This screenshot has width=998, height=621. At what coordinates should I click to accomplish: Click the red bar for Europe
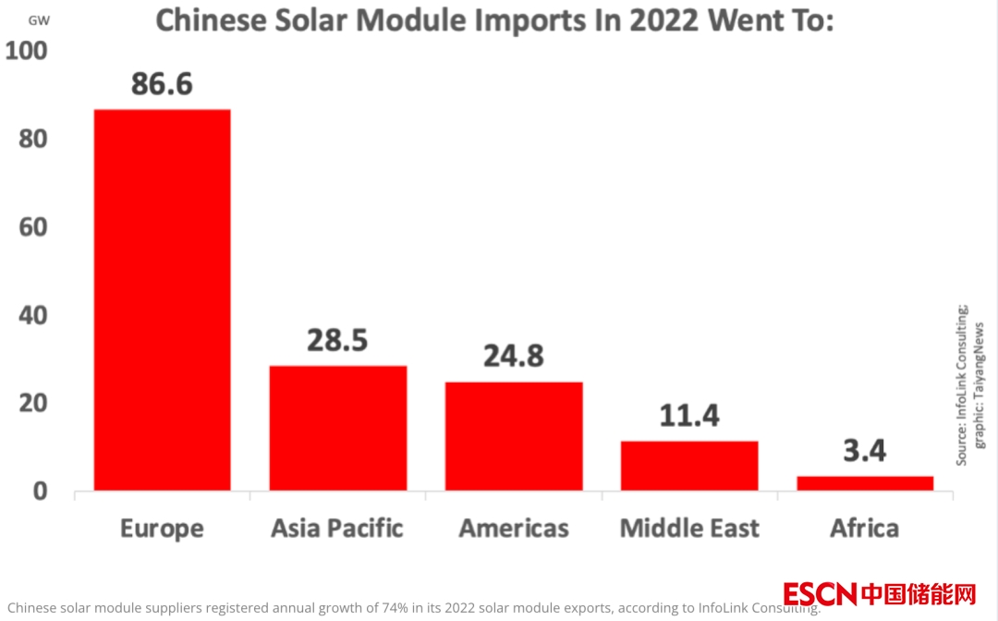(x=163, y=299)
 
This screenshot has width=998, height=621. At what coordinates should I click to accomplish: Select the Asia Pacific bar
(x=338, y=428)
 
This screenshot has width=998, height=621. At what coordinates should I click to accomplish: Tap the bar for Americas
(x=514, y=436)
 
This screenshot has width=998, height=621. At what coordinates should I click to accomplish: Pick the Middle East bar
(x=689, y=466)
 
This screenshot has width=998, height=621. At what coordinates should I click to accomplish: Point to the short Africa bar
(x=865, y=483)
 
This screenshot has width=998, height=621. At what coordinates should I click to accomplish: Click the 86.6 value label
(x=162, y=84)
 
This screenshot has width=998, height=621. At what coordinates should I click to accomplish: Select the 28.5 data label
(x=337, y=340)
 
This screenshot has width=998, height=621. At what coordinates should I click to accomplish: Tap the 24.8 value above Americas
(x=513, y=356)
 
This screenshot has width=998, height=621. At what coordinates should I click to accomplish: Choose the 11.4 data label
(x=689, y=416)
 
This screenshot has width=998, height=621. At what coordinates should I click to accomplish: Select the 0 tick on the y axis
(x=40, y=491)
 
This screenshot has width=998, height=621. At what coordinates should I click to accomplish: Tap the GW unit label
(x=39, y=20)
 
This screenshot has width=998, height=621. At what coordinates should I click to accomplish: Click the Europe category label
(x=162, y=530)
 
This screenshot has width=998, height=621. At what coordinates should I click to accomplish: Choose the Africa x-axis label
(x=864, y=528)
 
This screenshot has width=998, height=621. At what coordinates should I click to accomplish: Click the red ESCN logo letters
(x=820, y=593)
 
